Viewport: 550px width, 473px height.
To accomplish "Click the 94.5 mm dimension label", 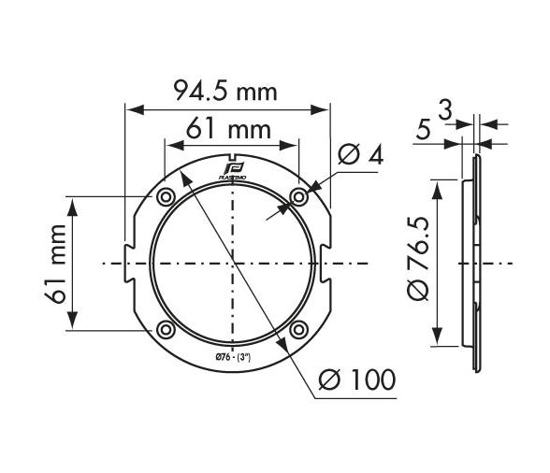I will click(x=227, y=91).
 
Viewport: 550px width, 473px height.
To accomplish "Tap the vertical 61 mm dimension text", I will click(x=58, y=264).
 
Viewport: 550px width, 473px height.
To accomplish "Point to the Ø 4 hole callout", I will click(x=359, y=156).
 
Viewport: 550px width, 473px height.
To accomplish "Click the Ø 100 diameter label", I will click(x=356, y=380).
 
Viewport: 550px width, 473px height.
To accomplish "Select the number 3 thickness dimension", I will click(x=445, y=111).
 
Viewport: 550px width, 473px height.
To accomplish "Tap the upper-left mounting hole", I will click(x=166, y=197).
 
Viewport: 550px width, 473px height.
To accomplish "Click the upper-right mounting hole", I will click(x=298, y=196).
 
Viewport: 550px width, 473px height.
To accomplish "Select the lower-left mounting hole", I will click(x=166, y=329).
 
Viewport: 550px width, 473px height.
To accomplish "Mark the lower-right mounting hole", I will click(x=298, y=329).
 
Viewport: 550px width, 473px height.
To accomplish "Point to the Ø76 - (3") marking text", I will click(x=232, y=356).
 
